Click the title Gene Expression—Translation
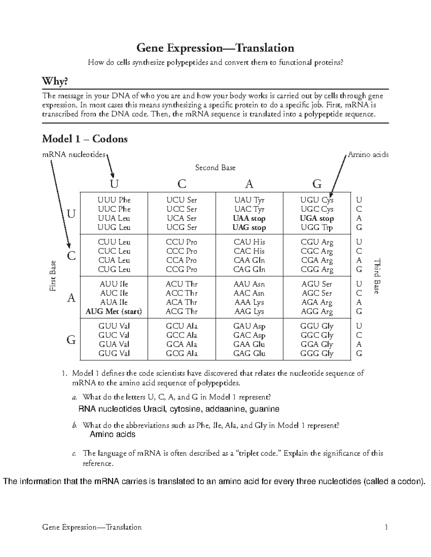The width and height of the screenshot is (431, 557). (215, 48)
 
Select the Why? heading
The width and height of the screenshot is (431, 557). (55, 81)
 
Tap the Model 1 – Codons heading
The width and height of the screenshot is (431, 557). (85, 139)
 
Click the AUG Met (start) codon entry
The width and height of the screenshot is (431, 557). (113, 311)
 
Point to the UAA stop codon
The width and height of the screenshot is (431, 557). (249, 218)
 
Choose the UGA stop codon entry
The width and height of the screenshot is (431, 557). (317, 218)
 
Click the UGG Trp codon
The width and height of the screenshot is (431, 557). (317, 227)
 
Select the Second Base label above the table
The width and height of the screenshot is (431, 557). (215, 167)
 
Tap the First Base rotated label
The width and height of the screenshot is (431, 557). (53, 276)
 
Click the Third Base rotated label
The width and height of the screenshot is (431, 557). (377, 276)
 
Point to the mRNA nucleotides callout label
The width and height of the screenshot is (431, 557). (74, 155)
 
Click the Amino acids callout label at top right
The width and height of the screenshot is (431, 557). (368, 155)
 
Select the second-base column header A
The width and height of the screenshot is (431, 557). (249, 184)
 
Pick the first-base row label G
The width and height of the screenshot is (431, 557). (71, 340)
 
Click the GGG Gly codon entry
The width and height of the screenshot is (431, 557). (317, 354)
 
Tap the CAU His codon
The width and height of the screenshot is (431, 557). (249, 242)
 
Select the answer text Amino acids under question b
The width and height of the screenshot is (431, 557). (112, 434)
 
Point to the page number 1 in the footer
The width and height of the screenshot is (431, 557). (386, 527)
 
